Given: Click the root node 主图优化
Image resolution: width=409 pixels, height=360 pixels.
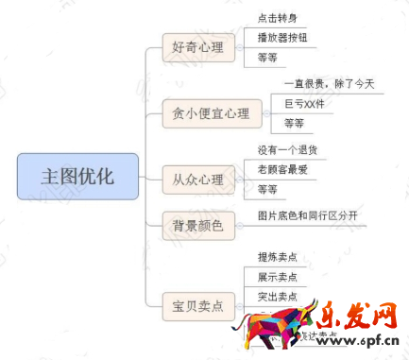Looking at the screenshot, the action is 77,176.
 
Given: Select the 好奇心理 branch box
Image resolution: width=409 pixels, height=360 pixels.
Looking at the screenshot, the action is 197,47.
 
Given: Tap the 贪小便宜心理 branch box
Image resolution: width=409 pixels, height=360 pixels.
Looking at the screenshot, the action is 211,113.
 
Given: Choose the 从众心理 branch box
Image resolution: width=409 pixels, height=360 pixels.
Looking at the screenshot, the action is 197,179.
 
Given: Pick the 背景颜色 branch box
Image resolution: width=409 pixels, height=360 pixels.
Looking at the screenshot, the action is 197,225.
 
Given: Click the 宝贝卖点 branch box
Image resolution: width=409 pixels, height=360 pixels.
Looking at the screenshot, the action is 197,305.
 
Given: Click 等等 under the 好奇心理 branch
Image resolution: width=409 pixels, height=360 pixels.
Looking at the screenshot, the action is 267,58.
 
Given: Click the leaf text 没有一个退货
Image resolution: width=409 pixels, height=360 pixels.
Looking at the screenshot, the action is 288,149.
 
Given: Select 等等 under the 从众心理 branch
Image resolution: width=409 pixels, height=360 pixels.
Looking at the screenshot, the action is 267,189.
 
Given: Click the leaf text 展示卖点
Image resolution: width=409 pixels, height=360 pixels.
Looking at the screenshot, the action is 277,277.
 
